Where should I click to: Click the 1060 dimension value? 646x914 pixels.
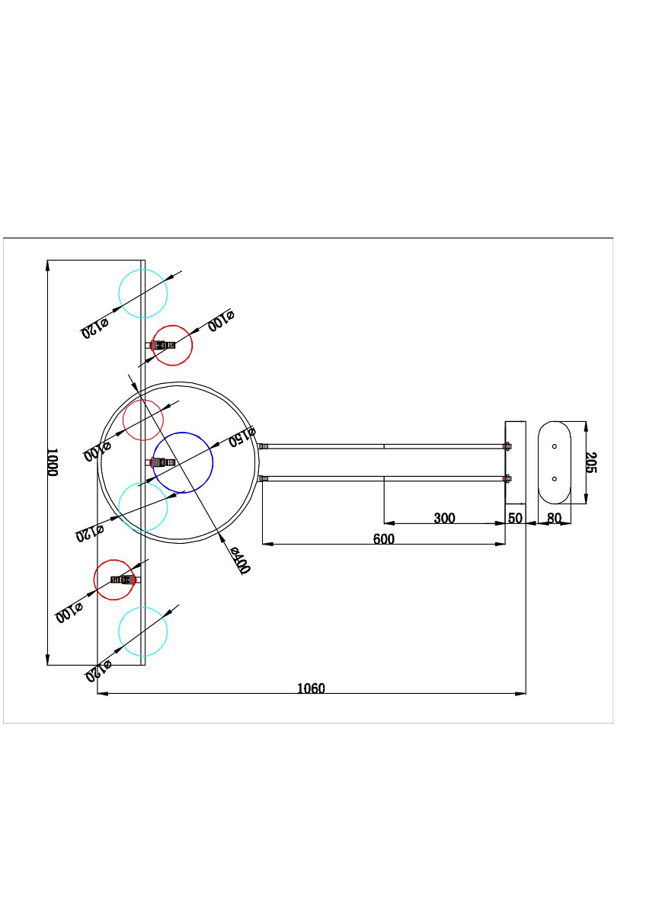(311, 689)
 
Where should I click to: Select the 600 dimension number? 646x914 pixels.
(384, 539)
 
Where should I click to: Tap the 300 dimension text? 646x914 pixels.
(444, 518)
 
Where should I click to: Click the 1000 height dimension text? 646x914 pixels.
(53, 462)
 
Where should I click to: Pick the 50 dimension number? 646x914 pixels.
(516, 518)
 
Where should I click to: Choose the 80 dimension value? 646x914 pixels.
(554, 518)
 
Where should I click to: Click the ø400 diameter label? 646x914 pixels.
(239, 561)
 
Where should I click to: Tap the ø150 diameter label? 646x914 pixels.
(242, 436)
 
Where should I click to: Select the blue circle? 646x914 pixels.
(182, 463)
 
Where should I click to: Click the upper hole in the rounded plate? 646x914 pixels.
(554, 446)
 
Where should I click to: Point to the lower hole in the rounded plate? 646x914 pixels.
(554, 478)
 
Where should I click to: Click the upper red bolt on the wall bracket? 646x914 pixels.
(507, 446)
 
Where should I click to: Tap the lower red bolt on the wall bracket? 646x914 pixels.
(507, 478)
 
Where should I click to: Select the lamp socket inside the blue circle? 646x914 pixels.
(162, 462)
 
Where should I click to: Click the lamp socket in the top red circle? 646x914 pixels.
(161, 345)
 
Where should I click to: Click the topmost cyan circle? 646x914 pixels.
(142, 293)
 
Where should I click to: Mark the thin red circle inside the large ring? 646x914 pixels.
(142, 420)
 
